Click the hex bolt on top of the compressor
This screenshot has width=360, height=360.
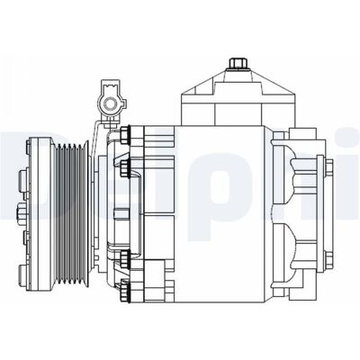tap(238, 63)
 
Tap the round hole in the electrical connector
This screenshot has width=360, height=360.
tap(109, 103)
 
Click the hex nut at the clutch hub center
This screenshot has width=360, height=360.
tap(21, 212)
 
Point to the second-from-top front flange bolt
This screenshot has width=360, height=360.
tap(124, 168)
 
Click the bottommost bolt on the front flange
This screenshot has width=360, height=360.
tap(124, 290)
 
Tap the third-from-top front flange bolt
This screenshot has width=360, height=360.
tap(124, 258)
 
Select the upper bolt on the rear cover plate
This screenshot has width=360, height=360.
tap(329, 169)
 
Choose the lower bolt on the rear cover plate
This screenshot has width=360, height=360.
tap(329, 261)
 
